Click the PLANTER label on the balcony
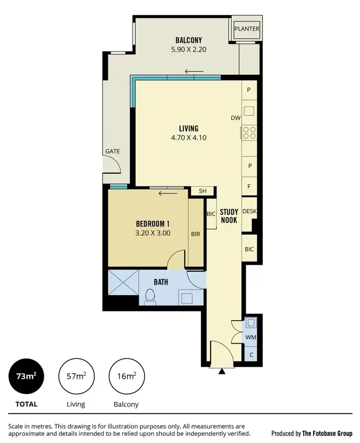[247, 29]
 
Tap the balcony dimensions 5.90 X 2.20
[189, 49]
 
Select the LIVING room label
[189, 128]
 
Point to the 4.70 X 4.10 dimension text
[189, 137]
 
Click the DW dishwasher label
[235, 118]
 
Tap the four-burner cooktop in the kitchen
[249, 132]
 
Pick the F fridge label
[249, 186]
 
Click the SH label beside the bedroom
[203, 191]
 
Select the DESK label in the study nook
[249, 211]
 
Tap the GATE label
[113, 151]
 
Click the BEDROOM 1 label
[153, 224]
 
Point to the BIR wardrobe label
[195, 234]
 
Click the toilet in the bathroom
[149, 297]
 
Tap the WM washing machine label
[251, 337]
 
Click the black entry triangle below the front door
[221, 371]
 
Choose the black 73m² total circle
[26, 376]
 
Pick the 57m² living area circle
[76, 376]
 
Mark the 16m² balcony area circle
[127, 376]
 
